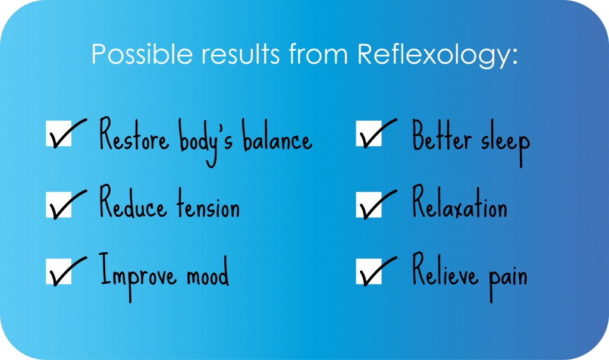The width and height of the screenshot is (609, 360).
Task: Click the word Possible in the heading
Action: pos(142,54)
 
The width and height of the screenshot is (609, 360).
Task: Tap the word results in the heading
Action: pos(240,54)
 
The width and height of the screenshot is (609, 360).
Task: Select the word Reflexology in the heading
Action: pos(437,54)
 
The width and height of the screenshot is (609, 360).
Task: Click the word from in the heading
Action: pos(318,54)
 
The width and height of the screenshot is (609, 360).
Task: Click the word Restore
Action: pos(134,134)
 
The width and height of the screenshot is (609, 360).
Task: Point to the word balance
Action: pos(277,134)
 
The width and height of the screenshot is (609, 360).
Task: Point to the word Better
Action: pos(442,135)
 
